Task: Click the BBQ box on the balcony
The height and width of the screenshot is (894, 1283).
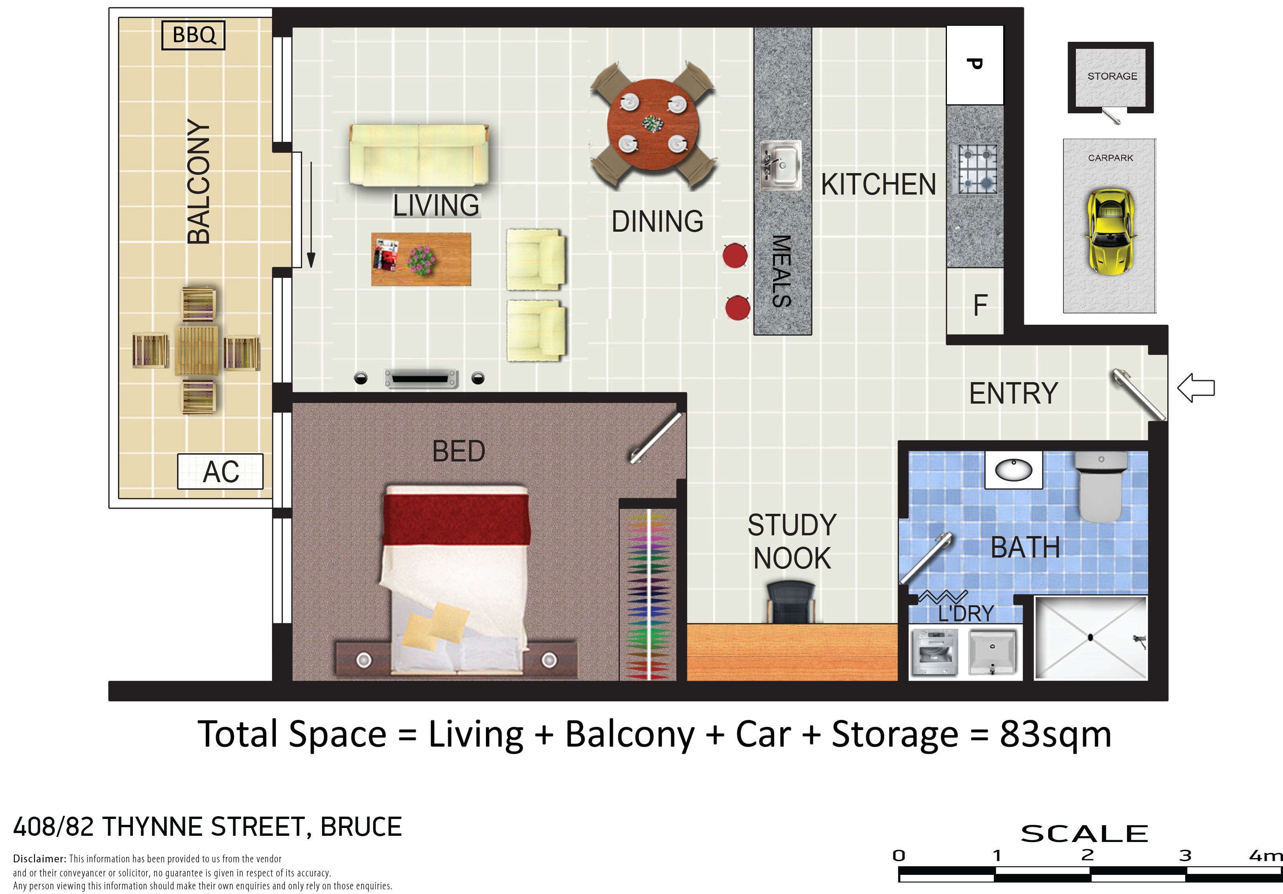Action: (193, 35)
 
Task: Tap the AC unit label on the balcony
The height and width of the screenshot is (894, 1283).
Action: (220, 472)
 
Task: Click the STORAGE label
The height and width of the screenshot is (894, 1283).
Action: (1112, 76)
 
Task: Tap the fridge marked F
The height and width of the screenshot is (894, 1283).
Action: (975, 302)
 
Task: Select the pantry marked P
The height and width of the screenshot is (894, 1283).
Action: (975, 65)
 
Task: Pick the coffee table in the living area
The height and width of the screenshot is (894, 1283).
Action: (421, 259)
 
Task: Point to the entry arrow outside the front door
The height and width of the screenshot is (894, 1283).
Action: (1196, 388)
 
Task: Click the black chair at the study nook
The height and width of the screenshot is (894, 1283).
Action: (791, 602)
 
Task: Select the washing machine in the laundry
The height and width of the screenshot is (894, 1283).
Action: (934, 652)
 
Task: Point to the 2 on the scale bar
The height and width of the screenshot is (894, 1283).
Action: (1088, 855)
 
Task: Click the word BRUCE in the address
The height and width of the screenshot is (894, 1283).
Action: (361, 827)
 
